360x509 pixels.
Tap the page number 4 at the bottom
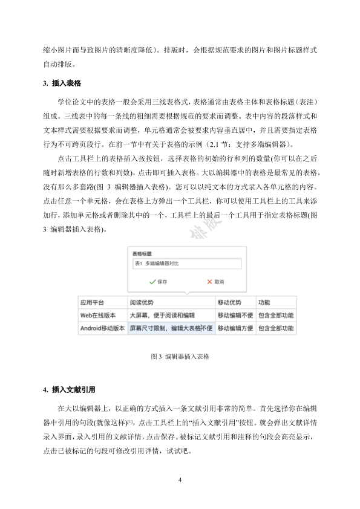[180, 480]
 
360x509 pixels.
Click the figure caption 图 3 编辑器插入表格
[180, 357]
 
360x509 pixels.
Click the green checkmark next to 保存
[152, 282]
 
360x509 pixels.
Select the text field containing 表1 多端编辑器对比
[186, 264]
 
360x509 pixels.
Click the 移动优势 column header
[229, 302]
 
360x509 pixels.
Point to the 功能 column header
[264, 302]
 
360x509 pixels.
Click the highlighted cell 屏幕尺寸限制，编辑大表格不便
[171, 329]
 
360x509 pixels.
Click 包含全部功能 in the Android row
[276, 329]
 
